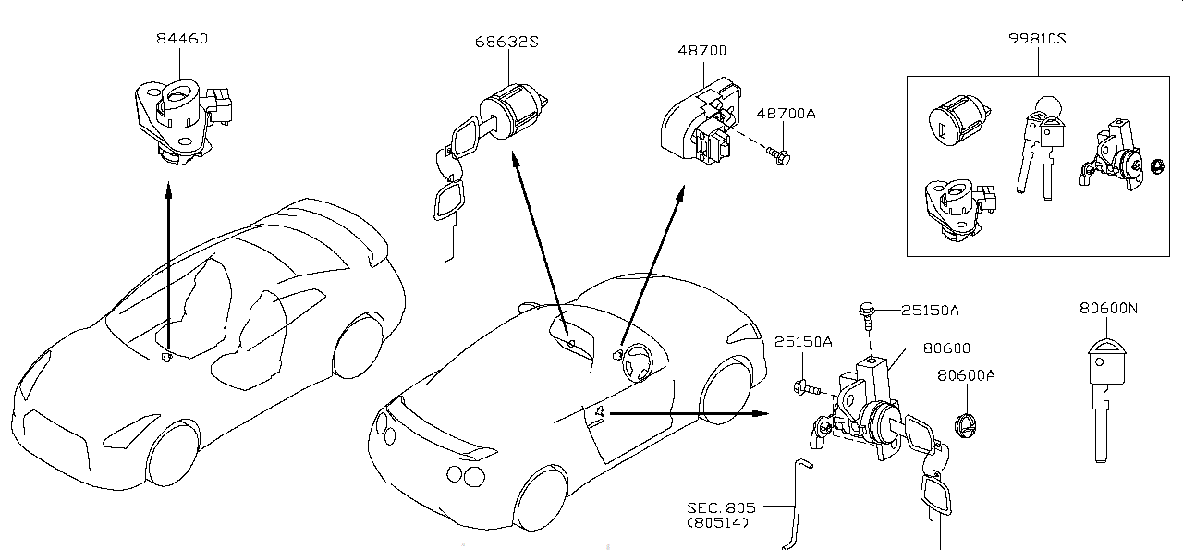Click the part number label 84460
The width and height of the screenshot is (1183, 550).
pos(182,39)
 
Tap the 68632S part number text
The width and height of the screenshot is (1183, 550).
pos(506,42)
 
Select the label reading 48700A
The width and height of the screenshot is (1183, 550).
pos(786,114)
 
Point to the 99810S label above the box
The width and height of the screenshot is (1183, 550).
pos(1037,39)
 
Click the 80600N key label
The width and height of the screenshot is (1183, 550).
pos(1108,308)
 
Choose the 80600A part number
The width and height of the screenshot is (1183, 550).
pos(966,375)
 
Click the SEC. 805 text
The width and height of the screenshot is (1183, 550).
pos(721,507)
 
